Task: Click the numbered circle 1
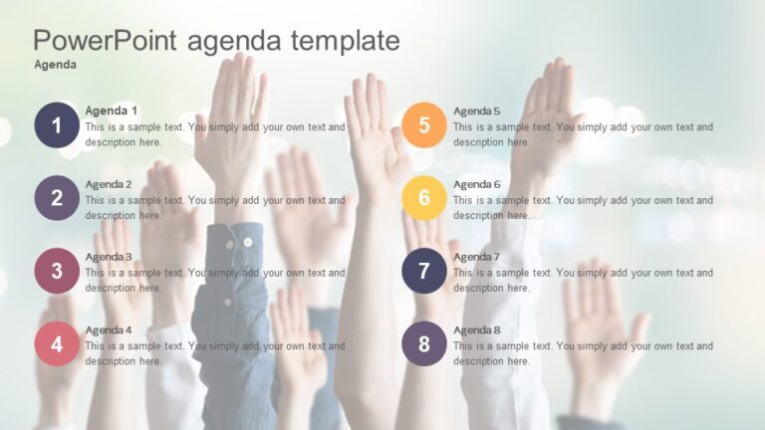(57, 125)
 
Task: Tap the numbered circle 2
(57, 198)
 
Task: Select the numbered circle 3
(57, 271)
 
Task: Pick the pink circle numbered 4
(57, 344)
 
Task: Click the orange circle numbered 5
(424, 125)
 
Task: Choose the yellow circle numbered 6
(424, 198)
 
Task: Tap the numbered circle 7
(424, 271)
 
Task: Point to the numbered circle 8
(424, 344)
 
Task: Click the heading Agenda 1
(112, 110)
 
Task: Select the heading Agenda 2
(109, 184)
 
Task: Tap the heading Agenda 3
(109, 257)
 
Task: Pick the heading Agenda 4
(109, 329)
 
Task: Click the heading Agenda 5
(477, 110)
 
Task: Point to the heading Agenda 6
(477, 184)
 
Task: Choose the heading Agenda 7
(477, 257)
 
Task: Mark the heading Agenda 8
(477, 329)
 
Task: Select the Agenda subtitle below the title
(56, 65)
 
